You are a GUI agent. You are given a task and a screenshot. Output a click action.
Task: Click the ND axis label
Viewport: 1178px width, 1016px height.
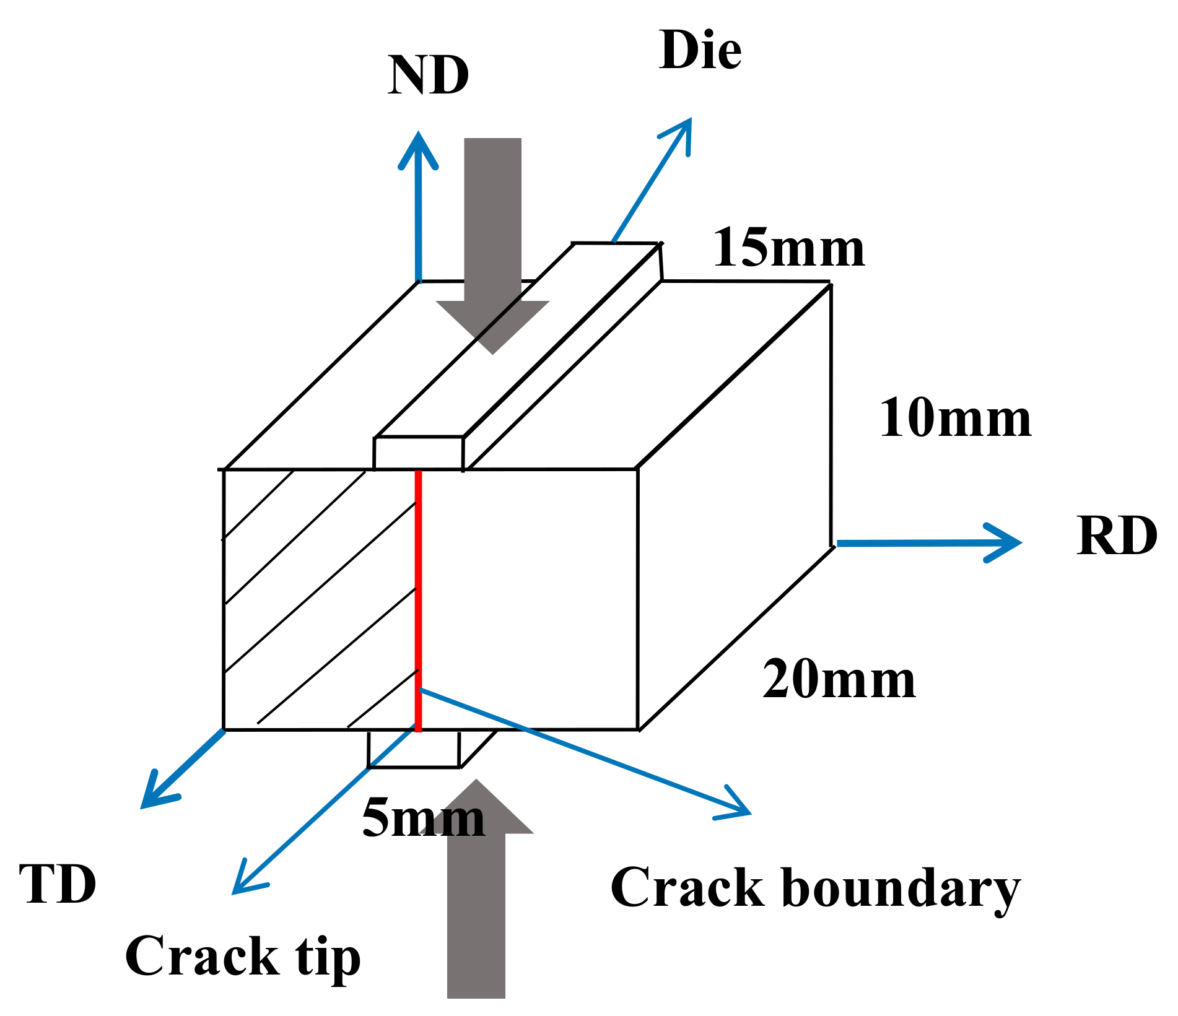point(428,76)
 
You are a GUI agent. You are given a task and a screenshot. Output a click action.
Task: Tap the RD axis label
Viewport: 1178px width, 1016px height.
point(1117,536)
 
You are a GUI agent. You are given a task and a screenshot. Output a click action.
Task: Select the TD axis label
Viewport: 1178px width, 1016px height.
point(58,885)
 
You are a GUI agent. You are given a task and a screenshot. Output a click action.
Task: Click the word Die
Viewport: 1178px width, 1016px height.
point(700,50)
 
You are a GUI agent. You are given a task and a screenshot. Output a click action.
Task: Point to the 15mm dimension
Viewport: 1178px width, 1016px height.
point(788,248)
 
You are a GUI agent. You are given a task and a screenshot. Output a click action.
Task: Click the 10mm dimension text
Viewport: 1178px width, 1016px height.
point(955,419)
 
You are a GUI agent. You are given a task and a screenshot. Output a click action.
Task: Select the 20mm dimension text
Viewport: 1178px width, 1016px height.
point(839,680)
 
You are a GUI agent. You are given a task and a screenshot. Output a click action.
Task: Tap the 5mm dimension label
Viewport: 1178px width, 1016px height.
point(423,818)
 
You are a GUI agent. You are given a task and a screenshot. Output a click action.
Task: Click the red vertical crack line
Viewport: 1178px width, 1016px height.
point(419,601)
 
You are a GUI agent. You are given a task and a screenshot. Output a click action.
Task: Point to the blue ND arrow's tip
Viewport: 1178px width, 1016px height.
point(419,137)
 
